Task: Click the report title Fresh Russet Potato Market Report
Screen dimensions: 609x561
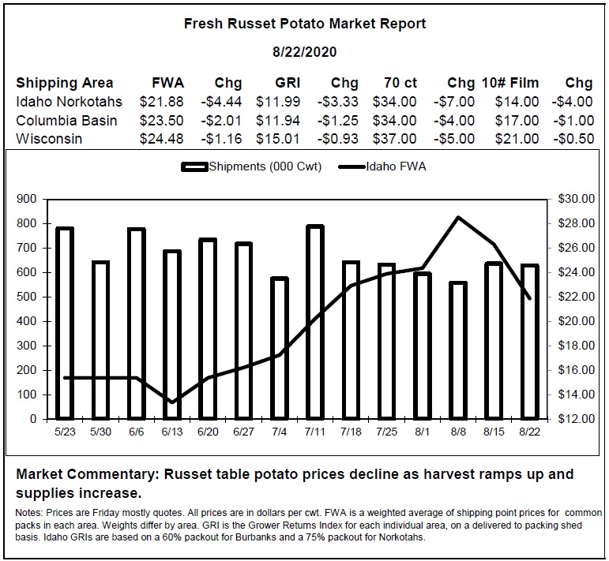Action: [x=305, y=24]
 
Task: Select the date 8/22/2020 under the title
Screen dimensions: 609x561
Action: [x=305, y=52]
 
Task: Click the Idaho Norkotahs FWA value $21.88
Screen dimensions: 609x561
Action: [x=162, y=102]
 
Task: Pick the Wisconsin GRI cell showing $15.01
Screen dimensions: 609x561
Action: [x=278, y=139]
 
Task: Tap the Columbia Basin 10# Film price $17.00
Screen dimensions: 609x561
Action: [x=517, y=120]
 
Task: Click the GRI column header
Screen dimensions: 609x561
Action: [x=288, y=83]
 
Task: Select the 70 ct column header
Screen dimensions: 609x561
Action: [x=400, y=83]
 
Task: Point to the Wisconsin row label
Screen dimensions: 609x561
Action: [x=49, y=139]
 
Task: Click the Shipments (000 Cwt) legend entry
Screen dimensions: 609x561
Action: [x=251, y=166]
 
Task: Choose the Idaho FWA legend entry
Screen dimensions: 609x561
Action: [x=382, y=166]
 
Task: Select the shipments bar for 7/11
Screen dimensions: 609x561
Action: [x=315, y=323]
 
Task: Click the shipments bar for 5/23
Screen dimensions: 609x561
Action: [x=65, y=324]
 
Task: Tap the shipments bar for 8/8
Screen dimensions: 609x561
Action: [x=458, y=351]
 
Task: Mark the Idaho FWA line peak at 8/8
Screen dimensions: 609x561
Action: [x=459, y=217]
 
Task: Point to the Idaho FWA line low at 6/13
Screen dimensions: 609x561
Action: [x=172, y=402]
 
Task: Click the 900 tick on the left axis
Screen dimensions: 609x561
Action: [x=27, y=199]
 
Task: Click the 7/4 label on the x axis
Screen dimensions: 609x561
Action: [x=280, y=432]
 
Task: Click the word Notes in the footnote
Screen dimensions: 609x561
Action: [x=28, y=513]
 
